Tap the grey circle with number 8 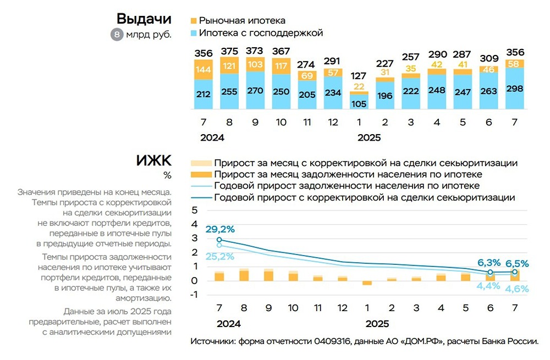click(117, 35)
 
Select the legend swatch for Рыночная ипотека click(193, 20)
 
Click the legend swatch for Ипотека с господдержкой click(193, 33)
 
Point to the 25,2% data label click(220, 256)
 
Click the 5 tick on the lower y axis click(194, 211)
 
